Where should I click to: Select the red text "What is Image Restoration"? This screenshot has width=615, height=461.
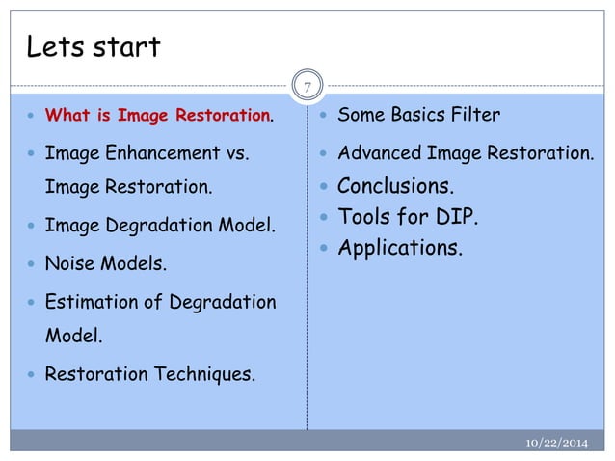(158, 117)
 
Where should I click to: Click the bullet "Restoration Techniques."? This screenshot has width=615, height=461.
(151, 373)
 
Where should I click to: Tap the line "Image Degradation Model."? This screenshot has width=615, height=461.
(160, 227)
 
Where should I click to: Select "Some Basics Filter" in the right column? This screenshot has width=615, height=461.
(418, 116)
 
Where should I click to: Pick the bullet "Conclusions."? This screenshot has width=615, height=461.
(394, 185)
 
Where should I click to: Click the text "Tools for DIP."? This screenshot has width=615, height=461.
(406, 217)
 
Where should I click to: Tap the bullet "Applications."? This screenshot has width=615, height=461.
(399, 249)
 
